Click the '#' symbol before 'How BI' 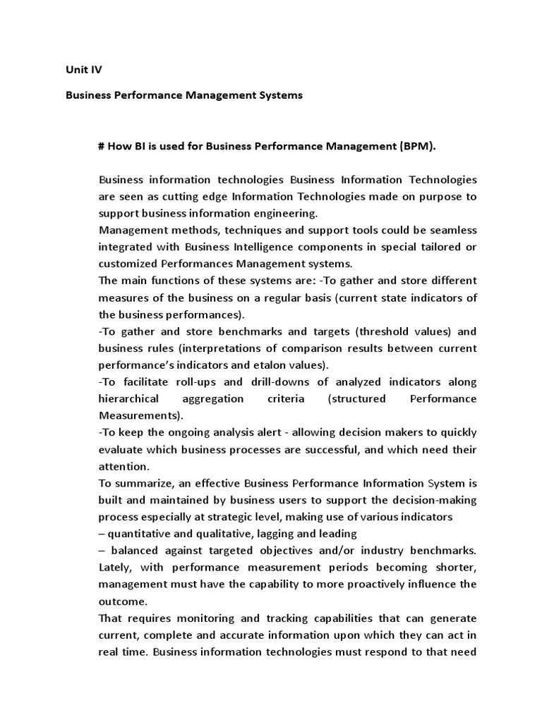(x=102, y=146)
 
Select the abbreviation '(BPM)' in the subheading (x=417, y=146)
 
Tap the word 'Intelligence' (x=265, y=247)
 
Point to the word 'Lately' (x=116, y=568)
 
